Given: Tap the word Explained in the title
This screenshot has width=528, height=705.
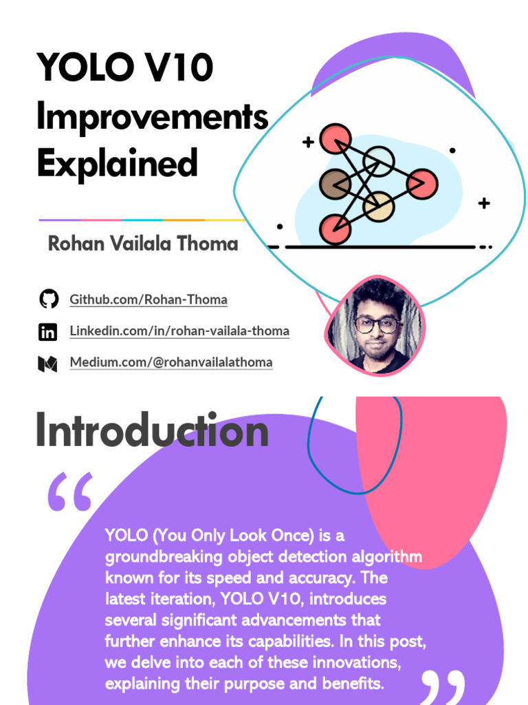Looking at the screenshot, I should coord(117,164).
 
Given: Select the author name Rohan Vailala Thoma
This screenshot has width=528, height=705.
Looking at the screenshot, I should coord(143,244).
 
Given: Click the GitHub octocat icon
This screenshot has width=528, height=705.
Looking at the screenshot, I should coord(47,299).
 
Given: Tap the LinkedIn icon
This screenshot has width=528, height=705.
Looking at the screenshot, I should coord(47,332).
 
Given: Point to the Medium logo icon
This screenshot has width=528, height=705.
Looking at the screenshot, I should coord(47,363).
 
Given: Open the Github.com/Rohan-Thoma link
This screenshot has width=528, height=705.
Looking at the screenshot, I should coord(148,299).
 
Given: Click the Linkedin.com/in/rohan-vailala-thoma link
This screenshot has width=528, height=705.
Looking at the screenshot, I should coord(179,331).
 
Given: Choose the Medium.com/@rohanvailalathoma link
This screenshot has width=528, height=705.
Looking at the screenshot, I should coord(171,362).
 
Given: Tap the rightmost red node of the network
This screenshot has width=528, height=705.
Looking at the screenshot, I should coord(421,183).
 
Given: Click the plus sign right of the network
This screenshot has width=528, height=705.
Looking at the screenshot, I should coord(484,203).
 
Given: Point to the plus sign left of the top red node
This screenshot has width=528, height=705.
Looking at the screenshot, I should coord(308,143).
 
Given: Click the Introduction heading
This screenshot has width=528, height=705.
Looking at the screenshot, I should coord(152,432).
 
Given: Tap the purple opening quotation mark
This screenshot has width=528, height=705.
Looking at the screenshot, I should coord(69,493).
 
